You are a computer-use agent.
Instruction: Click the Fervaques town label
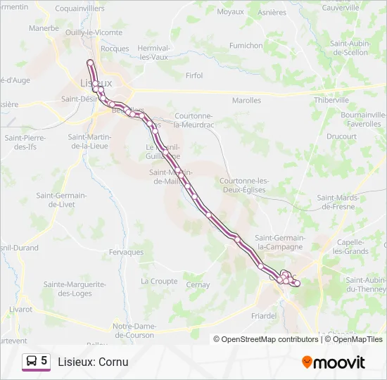(x=126, y=252)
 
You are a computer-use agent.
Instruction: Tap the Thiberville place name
(x=331, y=100)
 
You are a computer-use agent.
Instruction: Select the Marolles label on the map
(x=246, y=101)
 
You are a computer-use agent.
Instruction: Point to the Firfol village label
(x=193, y=76)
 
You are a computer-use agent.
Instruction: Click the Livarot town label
(x=20, y=309)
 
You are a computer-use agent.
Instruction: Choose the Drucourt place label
(x=341, y=136)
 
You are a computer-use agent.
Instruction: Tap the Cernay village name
(x=198, y=285)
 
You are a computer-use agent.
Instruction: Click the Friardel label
(x=264, y=316)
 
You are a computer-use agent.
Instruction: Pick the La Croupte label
(x=159, y=281)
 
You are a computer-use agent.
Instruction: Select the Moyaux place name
(x=230, y=11)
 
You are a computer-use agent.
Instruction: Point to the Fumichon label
(x=246, y=45)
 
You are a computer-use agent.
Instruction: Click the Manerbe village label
(x=44, y=29)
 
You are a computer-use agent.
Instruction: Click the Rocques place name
(x=115, y=49)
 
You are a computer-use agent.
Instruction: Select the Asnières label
(x=272, y=12)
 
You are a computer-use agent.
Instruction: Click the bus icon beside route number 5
(x=31, y=361)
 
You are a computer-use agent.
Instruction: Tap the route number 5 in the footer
(x=44, y=361)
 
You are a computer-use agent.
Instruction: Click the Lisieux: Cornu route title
(x=93, y=362)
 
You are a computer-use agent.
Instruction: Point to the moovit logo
(x=334, y=362)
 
